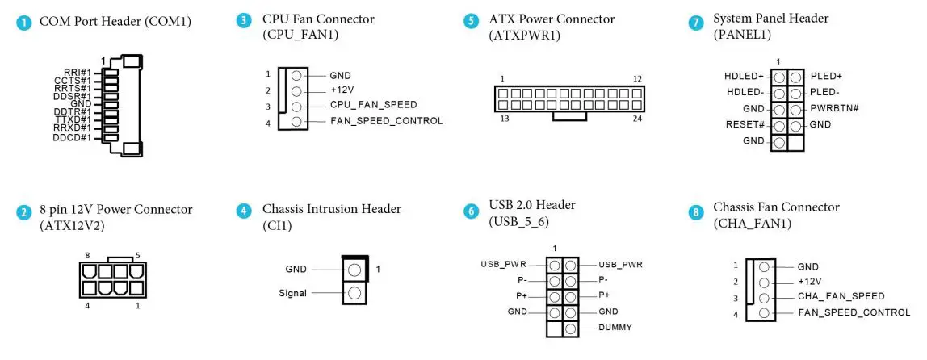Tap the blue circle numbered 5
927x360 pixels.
(471, 22)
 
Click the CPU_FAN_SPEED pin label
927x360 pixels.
(373, 106)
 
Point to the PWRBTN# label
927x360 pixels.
(833, 108)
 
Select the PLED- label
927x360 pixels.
(825, 92)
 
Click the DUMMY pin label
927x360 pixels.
(615, 328)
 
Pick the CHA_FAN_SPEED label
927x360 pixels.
(841, 296)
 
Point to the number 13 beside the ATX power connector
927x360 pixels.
(504, 118)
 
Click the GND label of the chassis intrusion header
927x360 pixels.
(296, 269)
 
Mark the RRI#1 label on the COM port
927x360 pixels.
(78, 72)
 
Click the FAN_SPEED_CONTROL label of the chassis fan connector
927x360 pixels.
(853, 312)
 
